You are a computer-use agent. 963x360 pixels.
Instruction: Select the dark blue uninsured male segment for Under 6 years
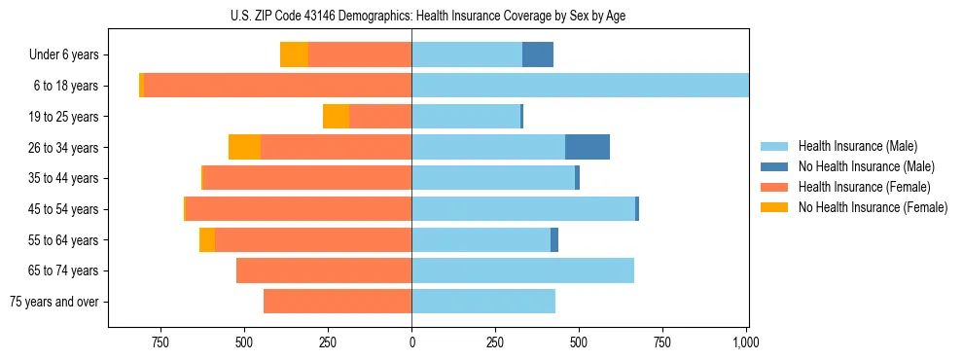(538, 54)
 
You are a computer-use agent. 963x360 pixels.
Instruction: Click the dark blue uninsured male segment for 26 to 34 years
(588, 147)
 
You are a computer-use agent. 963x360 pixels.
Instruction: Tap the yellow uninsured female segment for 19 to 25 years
(336, 117)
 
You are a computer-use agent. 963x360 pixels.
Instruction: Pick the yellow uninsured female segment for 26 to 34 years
(244, 147)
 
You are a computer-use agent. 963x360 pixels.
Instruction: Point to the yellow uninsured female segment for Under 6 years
(294, 54)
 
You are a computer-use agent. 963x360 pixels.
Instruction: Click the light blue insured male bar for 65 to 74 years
(522, 270)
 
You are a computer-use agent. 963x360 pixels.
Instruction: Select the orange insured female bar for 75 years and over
(338, 302)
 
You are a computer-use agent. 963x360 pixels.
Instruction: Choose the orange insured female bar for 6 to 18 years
(277, 86)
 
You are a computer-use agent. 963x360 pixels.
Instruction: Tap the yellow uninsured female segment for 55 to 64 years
(207, 239)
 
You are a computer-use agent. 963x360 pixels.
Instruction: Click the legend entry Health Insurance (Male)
(856, 146)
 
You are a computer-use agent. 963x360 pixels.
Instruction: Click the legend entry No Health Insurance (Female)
(873, 207)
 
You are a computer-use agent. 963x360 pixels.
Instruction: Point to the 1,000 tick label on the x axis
(746, 342)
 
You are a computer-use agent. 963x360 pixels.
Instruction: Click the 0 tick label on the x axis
(411, 342)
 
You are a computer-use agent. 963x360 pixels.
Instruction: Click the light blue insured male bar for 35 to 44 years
(493, 178)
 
